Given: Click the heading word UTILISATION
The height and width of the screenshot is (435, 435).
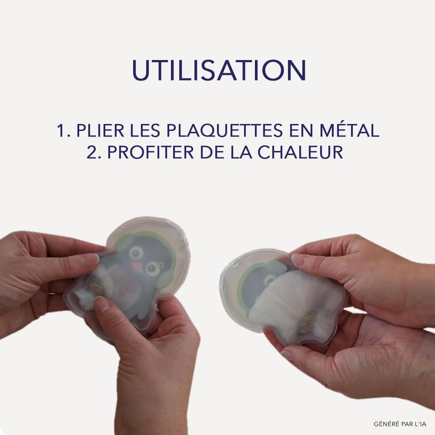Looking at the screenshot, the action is pos(219,70).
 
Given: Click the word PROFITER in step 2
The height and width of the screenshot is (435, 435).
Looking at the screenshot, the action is pos(151,152).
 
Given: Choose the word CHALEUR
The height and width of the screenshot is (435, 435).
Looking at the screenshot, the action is pos(301,152).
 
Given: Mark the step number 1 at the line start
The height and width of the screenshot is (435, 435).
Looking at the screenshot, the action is pos(62,130).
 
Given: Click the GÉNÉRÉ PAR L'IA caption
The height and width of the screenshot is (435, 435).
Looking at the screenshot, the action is pos(400,424).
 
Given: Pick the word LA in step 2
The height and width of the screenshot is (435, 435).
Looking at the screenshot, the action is pos(241,152).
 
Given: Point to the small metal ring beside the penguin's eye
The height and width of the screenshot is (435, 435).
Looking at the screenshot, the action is pos(160,265).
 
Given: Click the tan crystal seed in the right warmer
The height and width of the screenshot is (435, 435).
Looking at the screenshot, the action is pos(309,321).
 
